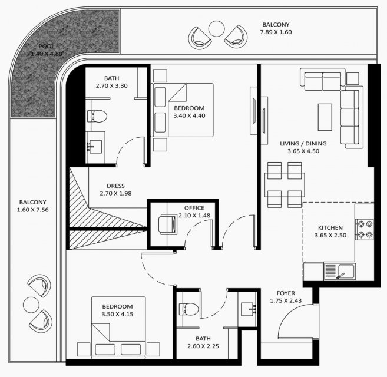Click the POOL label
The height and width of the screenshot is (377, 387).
pos(47,46)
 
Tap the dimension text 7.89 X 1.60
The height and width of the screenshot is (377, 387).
pos(276,32)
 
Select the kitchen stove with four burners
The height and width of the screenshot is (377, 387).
pos(364,229)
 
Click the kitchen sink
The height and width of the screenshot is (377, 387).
pos(340,272)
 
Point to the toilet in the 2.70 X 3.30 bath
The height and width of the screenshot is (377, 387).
pos(97,116)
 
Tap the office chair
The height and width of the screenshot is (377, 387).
pos(168,224)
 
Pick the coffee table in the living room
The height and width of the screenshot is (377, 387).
pos(325,117)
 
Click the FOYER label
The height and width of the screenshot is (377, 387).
pos(286,293)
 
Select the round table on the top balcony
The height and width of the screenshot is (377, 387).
pos(216,29)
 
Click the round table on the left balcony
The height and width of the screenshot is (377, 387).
pos(31,305)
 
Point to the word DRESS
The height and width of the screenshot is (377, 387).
pos(116,186)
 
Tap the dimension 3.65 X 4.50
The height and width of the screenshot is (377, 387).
pos(303,151)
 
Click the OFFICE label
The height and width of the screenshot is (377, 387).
pos(194,208)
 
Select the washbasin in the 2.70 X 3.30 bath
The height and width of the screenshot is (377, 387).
pos(94,147)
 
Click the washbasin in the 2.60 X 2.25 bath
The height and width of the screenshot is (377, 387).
pos(249,309)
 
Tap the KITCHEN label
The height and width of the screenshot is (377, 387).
pos(330,227)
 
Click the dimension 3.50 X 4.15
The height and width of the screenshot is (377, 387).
pos(117,315)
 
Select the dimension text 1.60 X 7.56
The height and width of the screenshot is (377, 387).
pos(33,210)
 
